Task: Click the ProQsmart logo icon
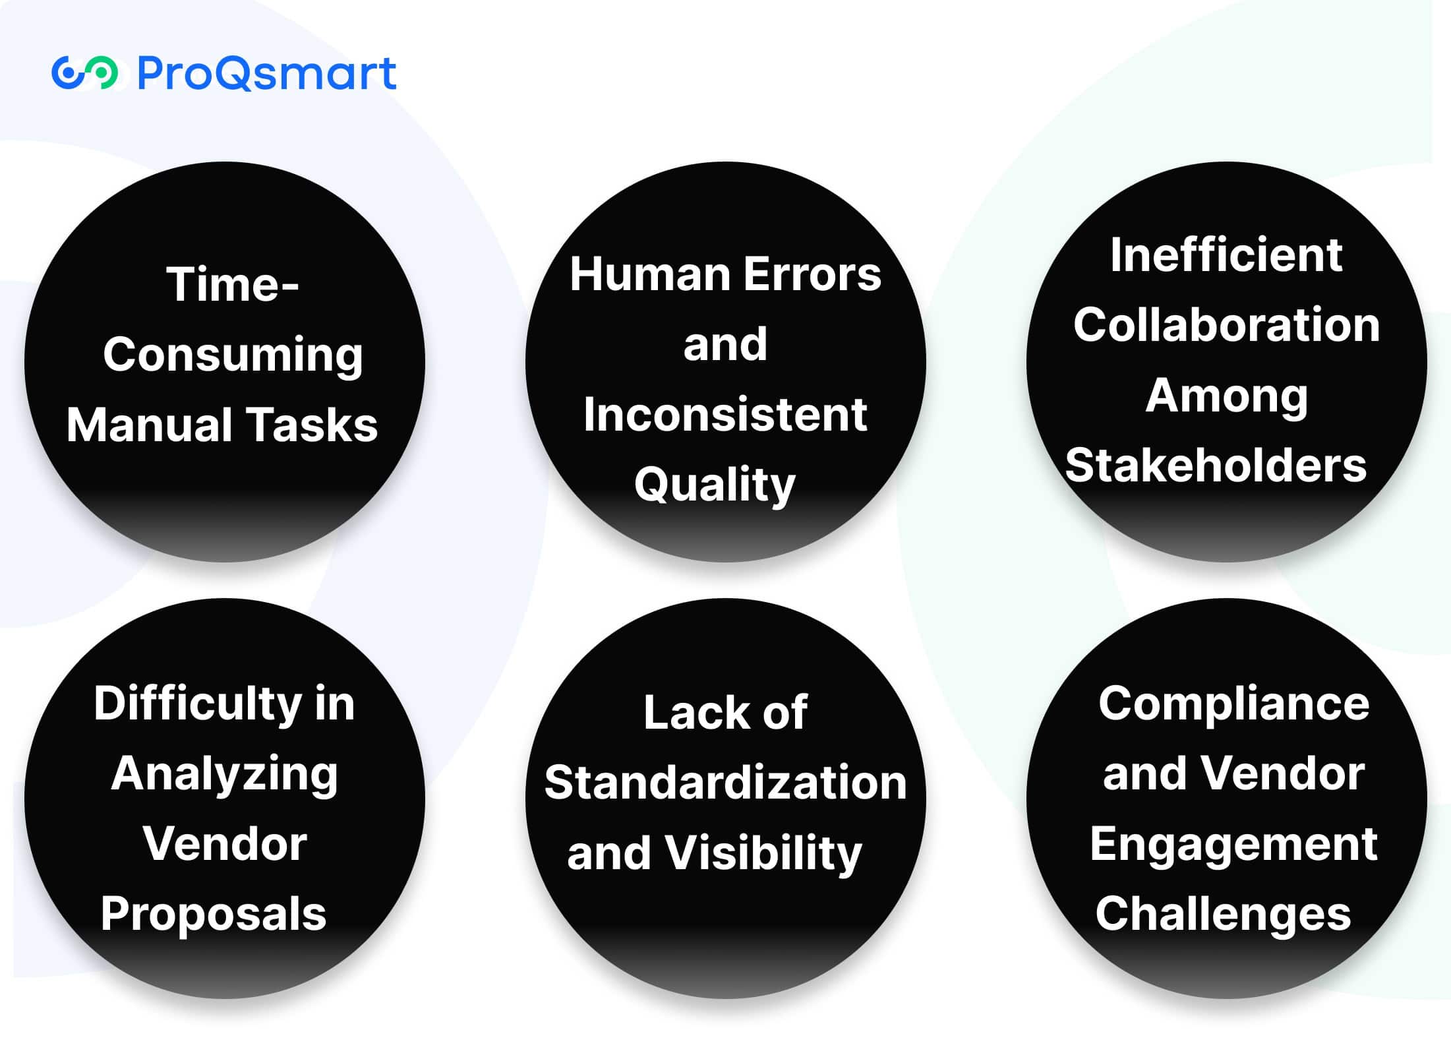point(85,73)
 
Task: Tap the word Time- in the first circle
point(233,284)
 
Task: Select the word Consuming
point(233,355)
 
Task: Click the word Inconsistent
point(725,414)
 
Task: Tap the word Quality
point(715,485)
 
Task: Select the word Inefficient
point(1226,255)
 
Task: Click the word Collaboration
point(1226,324)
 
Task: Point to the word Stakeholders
point(1216,465)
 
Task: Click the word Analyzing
point(225,775)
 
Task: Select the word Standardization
point(725,783)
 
